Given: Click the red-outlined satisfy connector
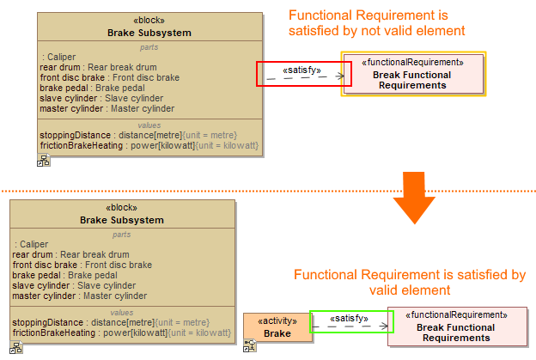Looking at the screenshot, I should point(304,74).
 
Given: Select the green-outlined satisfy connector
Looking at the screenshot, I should point(351,322).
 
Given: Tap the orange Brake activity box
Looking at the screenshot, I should point(277,328).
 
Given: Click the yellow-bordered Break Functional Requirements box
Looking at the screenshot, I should point(414,74).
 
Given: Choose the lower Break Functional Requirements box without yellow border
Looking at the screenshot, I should point(455,326).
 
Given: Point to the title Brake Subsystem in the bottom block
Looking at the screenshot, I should point(122,220).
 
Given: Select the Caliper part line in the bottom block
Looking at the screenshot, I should point(33,245).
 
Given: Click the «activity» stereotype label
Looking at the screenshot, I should point(277,320).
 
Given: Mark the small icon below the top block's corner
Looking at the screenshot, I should point(43,160).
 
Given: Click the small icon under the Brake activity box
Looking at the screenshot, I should point(250,345).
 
